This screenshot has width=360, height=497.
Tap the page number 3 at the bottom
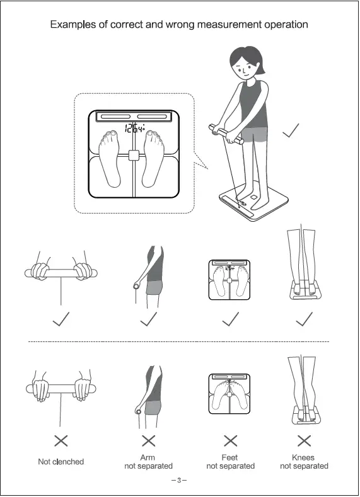point(179,481)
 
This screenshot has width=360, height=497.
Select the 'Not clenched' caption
point(61,462)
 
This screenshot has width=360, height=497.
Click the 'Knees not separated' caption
point(304,462)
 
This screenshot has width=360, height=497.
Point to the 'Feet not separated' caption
point(230,462)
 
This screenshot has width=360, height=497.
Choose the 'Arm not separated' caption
point(148,462)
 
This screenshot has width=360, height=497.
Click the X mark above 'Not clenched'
point(61,440)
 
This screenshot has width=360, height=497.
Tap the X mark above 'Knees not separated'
point(305,440)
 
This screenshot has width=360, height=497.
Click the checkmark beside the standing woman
point(291,130)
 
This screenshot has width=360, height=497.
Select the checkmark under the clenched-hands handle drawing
point(61,319)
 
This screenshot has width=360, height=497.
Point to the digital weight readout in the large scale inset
point(134,130)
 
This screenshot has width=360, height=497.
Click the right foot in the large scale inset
point(154,157)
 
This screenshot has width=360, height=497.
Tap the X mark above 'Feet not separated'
point(231,440)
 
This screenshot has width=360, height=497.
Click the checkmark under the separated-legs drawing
point(305,319)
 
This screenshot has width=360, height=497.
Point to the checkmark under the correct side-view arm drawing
point(148,319)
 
